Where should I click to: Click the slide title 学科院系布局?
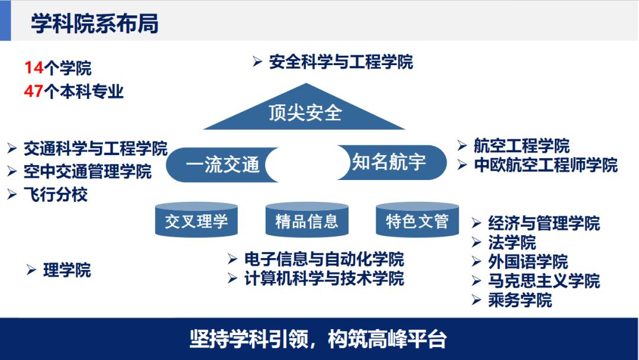pyautogui.click(x=95, y=25)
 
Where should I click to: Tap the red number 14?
pyautogui.click(x=34, y=69)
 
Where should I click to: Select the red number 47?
pyautogui.click(x=34, y=92)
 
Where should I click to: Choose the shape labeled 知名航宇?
pyautogui.click(x=393, y=162)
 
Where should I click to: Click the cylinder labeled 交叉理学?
pyautogui.click(x=196, y=221)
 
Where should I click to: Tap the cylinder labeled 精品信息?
pyautogui.click(x=306, y=221)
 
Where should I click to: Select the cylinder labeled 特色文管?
pyautogui.click(x=417, y=221)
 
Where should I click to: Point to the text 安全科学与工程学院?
pyautogui.click(x=341, y=62)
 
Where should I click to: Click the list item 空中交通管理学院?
pyautogui.click(x=88, y=172)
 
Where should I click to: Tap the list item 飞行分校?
pyautogui.click(x=56, y=195)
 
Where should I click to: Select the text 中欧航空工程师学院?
pyautogui.click(x=546, y=165)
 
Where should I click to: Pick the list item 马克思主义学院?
pyautogui.click(x=544, y=281)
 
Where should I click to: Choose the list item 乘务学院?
pyautogui.click(x=520, y=300)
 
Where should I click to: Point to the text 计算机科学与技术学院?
pyautogui.click(x=324, y=278)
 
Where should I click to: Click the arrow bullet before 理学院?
pyautogui.click(x=31, y=271)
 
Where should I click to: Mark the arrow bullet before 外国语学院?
pyautogui.click(x=476, y=262)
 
